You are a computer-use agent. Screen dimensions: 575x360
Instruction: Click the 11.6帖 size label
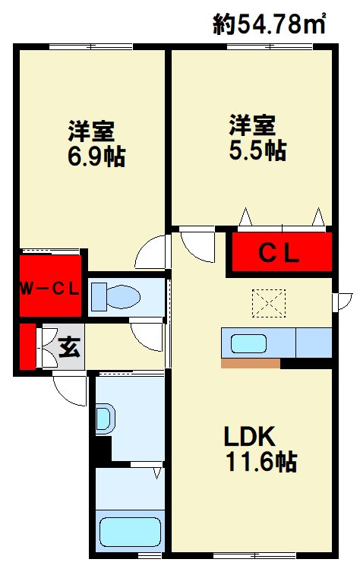259,461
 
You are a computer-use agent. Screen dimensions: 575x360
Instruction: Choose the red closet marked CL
282,251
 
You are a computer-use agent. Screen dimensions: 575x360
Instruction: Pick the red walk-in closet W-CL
50,287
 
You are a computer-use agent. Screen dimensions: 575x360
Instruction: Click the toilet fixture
114,296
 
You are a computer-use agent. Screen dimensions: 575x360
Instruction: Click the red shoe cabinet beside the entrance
27,347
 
